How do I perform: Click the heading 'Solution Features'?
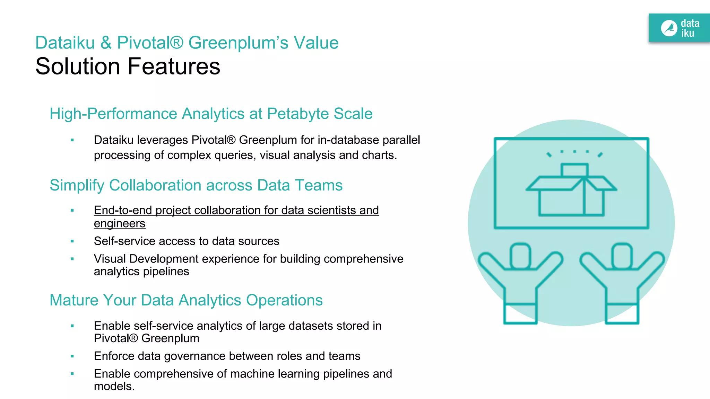pyautogui.click(x=128, y=66)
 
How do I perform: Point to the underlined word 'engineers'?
pyautogui.click(x=120, y=223)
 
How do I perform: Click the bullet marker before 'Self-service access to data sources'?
pyautogui.click(x=72, y=241)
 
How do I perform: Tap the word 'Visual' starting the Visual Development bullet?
pyautogui.click(x=110, y=259)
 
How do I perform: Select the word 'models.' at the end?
pyautogui.click(x=114, y=386)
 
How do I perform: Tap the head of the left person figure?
pyautogui.click(x=520, y=256)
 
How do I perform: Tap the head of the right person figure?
pyautogui.click(x=622, y=256)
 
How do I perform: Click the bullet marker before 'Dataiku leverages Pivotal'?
pyautogui.click(x=72, y=140)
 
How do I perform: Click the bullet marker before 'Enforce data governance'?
pyautogui.click(x=72, y=356)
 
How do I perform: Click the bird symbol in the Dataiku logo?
pyautogui.click(x=669, y=28)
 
